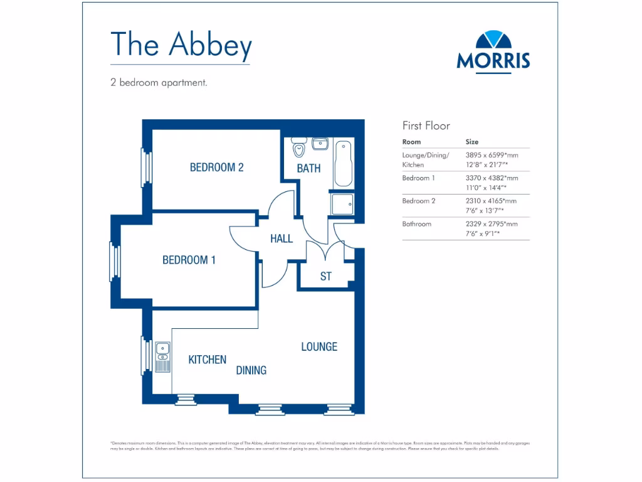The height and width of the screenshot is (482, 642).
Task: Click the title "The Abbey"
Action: pyautogui.click(x=181, y=44)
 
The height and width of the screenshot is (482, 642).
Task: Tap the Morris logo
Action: pyautogui.click(x=493, y=51)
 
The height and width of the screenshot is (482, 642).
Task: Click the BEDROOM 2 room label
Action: pyautogui.click(x=216, y=168)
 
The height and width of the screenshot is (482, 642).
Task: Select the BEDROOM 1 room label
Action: pyautogui.click(x=189, y=260)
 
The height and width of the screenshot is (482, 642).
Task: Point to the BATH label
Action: pyautogui.click(x=308, y=168)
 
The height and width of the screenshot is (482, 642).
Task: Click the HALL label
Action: pyautogui.click(x=282, y=238)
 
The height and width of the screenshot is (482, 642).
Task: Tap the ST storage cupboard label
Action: pyautogui.click(x=325, y=276)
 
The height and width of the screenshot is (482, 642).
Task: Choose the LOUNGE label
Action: pyautogui.click(x=319, y=346)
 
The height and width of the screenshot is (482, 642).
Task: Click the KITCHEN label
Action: pyautogui.click(x=208, y=360)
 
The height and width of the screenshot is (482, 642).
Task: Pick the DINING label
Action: pyautogui.click(x=251, y=370)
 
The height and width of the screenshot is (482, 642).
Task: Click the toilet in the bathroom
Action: pyautogui.click(x=298, y=148)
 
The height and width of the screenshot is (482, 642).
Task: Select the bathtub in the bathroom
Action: pyautogui.click(x=343, y=164)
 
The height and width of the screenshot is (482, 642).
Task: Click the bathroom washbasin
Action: pyautogui.click(x=320, y=144)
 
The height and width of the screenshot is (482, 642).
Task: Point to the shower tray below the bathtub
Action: pyautogui.click(x=343, y=204)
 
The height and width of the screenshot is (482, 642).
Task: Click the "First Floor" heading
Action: pyautogui.click(x=426, y=126)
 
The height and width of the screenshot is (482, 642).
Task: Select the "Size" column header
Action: pyautogui.click(x=471, y=142)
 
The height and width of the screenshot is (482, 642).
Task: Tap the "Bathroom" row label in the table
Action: pyautogui.click(x=416, y=223)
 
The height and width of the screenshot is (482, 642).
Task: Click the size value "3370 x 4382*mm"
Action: pyautogui.click(x=492, y=178)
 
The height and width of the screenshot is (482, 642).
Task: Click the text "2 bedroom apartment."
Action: pyautogui.click(x=159, y=82)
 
